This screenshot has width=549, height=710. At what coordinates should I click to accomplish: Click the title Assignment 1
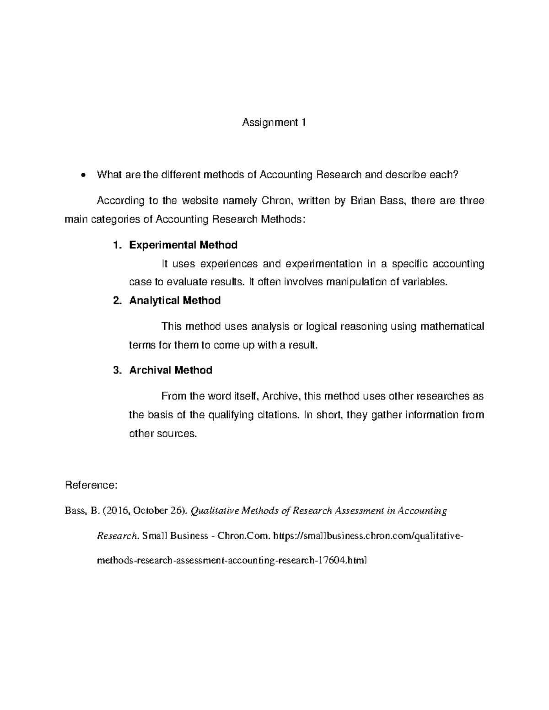tap(274, 123)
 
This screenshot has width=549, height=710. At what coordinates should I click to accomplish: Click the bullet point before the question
tap(82, 175)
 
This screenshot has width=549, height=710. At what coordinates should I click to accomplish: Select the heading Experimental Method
tap(183, 245)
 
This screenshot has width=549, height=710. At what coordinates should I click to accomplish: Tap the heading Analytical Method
tap(175, 300)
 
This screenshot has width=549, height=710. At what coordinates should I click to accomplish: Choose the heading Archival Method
tap(171, 370)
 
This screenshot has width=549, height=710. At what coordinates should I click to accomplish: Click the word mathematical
tap(452, 326)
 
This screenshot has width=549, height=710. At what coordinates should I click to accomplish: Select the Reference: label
tap(91, 485)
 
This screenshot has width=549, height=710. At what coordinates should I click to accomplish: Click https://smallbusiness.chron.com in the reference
tap(342, 536)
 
